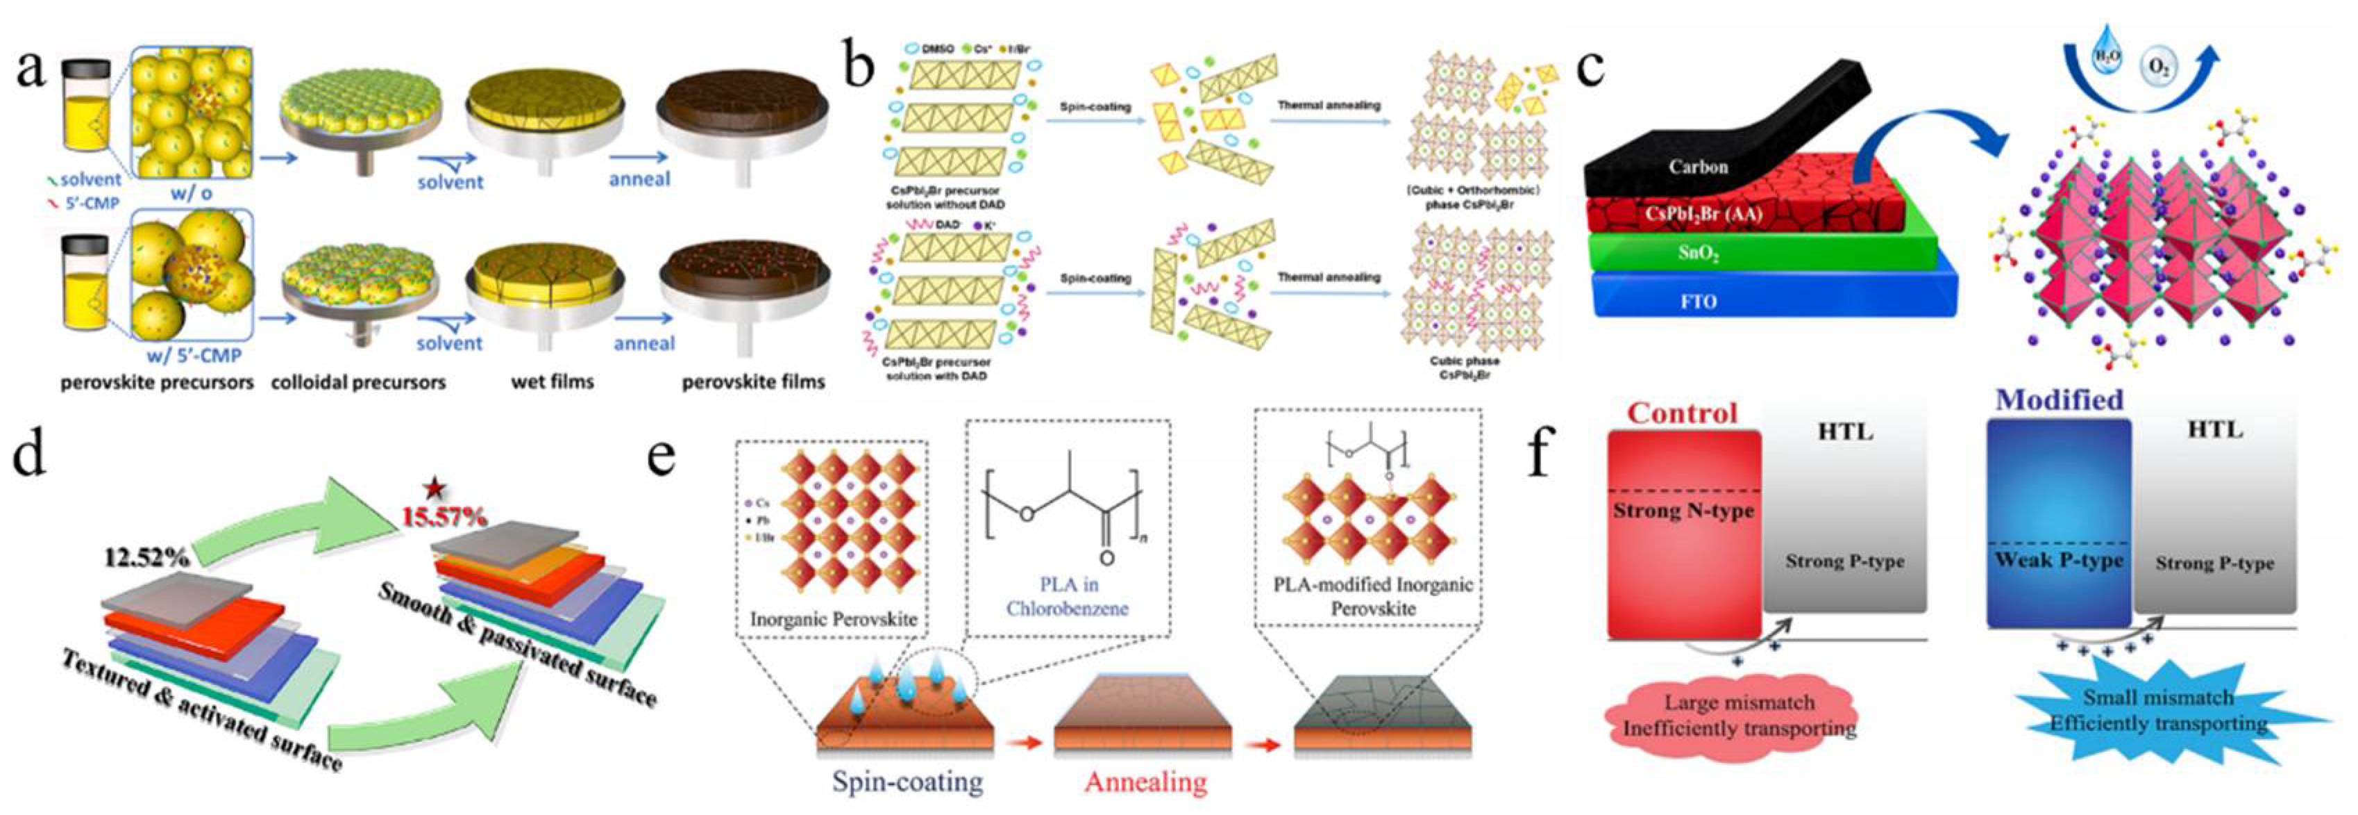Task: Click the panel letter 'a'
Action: click(31, 69)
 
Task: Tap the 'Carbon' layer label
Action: click(1698, 167)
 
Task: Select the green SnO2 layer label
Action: click(1698, 254)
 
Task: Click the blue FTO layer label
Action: click(1698, 302)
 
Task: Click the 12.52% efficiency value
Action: click(146, 556)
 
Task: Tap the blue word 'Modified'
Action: click(2059, 400)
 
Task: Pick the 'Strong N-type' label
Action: click(1683, 511)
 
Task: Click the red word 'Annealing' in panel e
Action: click(1145, 781)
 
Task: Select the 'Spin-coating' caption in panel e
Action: click(907, 781)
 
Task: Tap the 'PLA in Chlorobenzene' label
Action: click(1068, 596)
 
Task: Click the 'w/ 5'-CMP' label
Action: click(194, 355)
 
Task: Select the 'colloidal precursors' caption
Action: click(358, 383)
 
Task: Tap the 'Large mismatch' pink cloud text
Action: click(1740, 703)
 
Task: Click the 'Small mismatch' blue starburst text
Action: click(2159, 698)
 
